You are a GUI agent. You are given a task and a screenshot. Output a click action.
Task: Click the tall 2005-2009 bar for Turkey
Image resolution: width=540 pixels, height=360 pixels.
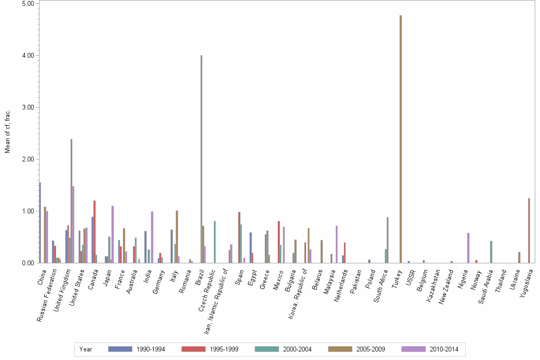(x=400, y=139)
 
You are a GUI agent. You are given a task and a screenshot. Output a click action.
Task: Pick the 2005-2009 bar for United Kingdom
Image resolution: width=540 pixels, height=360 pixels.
(x=71, y=200)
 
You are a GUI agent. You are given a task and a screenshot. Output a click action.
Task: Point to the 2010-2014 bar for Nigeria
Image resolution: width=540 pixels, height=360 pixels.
(x=468, y=248)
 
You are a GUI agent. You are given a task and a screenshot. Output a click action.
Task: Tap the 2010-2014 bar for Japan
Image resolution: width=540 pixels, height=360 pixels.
(x=112, y=234)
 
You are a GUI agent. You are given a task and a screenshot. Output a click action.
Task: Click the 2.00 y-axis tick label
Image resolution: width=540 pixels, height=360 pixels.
(x=28, y=159)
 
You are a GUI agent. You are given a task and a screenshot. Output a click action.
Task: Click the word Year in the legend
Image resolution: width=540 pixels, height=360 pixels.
(x=86, y=349)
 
